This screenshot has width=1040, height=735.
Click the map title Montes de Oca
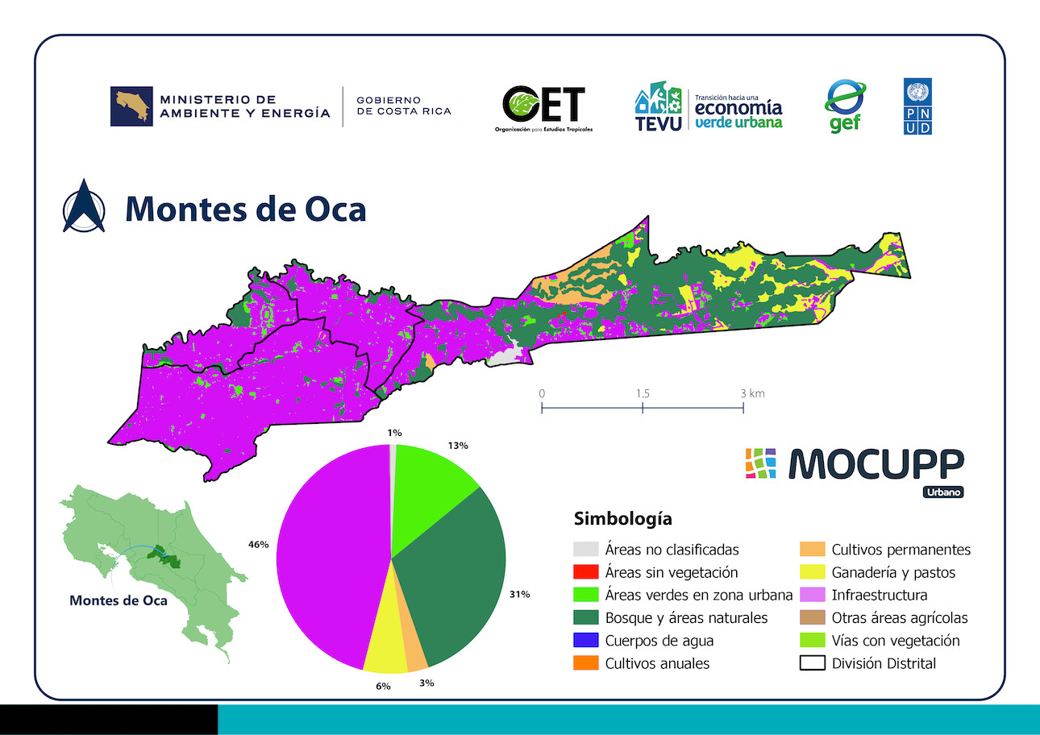(246, 210)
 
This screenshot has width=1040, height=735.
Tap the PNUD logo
(917, 106)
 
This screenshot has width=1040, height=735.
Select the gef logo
(845, 106)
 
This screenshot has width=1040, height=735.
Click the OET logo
(543, 109)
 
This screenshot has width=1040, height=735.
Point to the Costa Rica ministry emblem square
(131, 106)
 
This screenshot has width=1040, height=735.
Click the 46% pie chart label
(258, 544)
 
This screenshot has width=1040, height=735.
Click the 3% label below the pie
(426, 683)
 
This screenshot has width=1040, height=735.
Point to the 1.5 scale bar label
(643, 394)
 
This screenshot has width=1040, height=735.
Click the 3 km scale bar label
(752, 394)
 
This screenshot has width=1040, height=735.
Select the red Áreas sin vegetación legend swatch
(586, 571)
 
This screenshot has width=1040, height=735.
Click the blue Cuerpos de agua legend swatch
(586, 640)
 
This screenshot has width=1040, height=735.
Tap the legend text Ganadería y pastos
(893, 572)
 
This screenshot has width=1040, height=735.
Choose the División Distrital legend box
(813, 662)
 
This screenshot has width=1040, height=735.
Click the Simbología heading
(622, 519)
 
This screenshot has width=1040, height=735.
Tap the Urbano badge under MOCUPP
(943, 492)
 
